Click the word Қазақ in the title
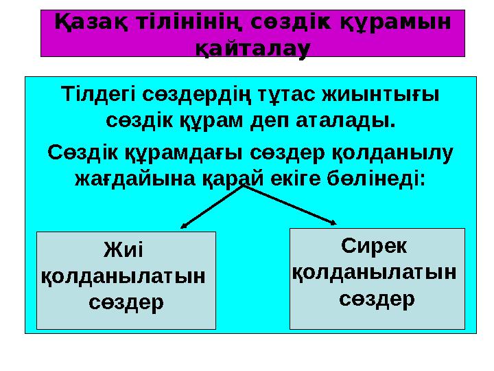tap(91, 23)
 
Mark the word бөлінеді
tap(376, 179)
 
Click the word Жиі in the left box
tap(123, 249)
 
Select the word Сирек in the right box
tap(374, 246)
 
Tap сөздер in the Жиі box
tap(126, 302)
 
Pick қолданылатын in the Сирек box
tap(375, 273)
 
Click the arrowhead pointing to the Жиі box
tap(184, 226)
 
